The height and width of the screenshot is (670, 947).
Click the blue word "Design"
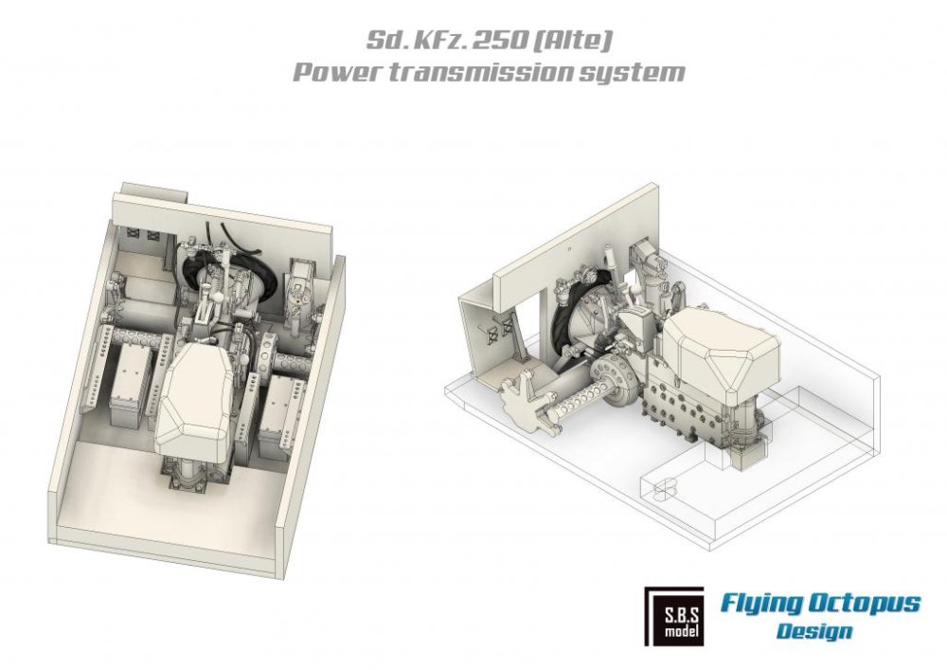click(x=813, y=631)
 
